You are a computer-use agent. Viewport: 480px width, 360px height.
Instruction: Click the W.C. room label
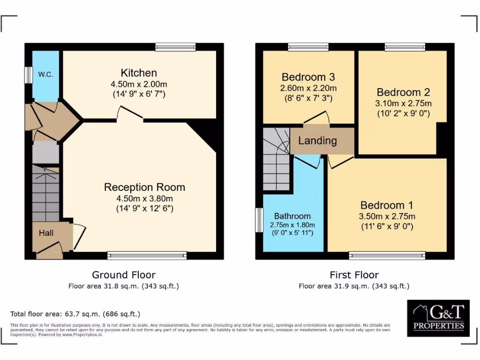[45, 75]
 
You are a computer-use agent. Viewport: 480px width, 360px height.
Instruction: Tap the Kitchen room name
[139, 73]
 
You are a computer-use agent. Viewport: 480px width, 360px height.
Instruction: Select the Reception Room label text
[144, 187]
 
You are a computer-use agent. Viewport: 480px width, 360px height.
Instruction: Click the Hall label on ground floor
[46, 233]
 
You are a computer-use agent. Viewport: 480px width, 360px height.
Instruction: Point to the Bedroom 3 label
[308, 77]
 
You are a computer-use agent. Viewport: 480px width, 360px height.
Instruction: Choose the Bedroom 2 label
[403, 92]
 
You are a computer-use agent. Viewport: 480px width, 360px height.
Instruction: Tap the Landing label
[317, 141]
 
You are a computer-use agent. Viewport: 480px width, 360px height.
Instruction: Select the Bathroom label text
[292, 216]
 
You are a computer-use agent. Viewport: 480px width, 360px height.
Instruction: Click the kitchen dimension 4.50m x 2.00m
[139, 84]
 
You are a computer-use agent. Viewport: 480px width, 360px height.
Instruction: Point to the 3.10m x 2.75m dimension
[403, 104]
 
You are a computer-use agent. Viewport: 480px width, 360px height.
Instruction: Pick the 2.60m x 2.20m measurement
[308, 88]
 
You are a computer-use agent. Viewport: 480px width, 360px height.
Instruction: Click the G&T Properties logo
[438, 318]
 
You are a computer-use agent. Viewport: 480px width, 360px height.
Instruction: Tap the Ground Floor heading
[124, 275]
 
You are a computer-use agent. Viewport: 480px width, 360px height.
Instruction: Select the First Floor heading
[354, 275]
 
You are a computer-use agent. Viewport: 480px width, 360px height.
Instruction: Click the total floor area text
[75, 314]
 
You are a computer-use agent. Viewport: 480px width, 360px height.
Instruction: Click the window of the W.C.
[28, 75]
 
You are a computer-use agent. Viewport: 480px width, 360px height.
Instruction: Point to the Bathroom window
[259, 220]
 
